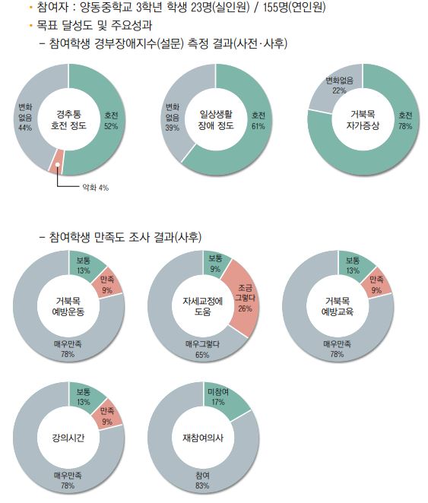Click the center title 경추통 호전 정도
[x=68, y=120]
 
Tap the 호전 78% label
[x=405, y=120]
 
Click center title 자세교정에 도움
[x=203, y=306]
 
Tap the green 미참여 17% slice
[x=219, y=397]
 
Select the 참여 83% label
[x=203, y=479]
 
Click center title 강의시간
[x=68, y=438]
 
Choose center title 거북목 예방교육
[x=338, y=306]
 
